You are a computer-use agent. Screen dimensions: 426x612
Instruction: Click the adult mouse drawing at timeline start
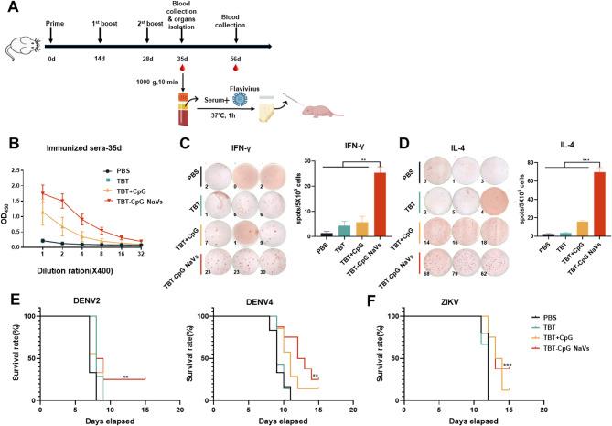(x=20, y=41)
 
